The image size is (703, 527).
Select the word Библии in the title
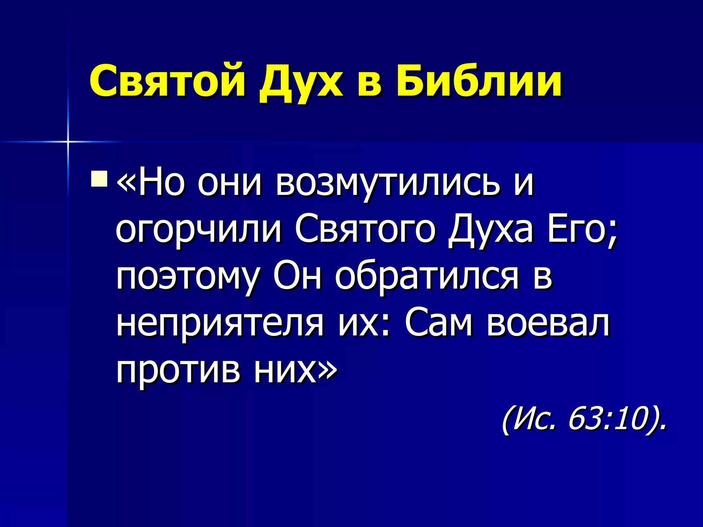tap(479, 81)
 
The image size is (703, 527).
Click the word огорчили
tap(198, 231)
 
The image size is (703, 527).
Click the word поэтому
tap(187, 278)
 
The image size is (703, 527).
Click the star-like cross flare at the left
tap(68, 141)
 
